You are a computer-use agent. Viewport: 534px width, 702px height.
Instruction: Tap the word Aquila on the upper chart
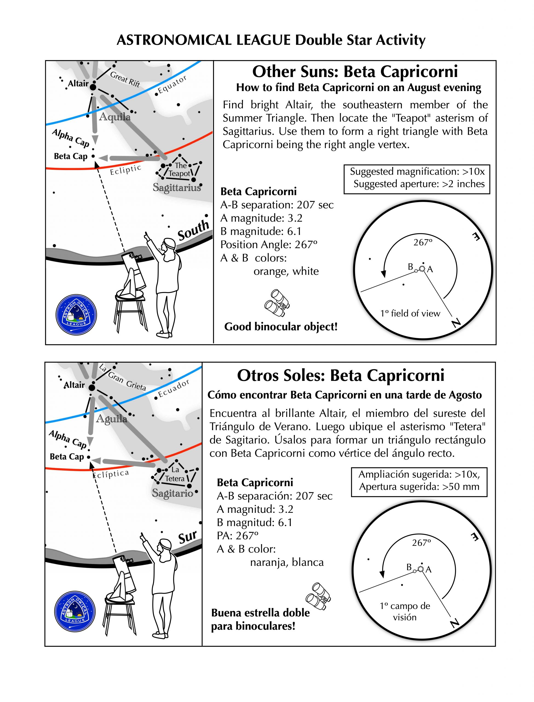point(114,117)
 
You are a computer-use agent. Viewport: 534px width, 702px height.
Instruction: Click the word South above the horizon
point(193,230)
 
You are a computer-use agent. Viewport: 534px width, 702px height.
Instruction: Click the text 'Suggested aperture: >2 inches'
point(419,184)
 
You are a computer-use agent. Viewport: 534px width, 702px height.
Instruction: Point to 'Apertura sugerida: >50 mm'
point(419,486)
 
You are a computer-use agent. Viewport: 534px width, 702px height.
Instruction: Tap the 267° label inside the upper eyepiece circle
point(423,242)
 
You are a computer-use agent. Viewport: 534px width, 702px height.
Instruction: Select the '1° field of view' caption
point(410,313)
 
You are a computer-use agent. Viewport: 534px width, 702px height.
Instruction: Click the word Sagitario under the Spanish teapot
point(172,493)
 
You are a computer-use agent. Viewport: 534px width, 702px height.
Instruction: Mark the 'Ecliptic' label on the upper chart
point(125,170)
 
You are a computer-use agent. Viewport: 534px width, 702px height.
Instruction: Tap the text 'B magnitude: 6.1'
point(261,231)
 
